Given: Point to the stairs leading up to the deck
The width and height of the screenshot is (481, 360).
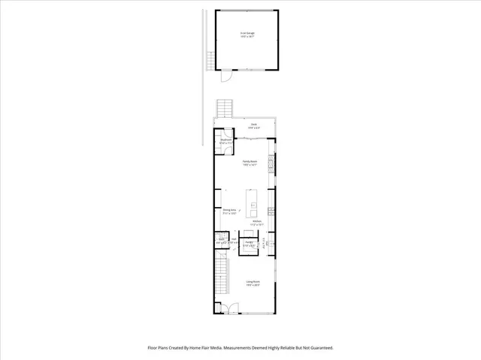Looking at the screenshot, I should pos(224,108).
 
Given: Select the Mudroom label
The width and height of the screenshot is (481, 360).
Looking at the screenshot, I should pos(225,142).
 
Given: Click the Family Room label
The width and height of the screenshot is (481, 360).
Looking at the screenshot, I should pos(250,163).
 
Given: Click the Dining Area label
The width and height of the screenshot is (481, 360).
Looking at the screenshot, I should pos(229,211).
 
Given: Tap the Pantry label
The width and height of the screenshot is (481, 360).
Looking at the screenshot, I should pos(248,243).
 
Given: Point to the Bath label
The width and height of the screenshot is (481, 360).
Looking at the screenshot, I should pos(221,241).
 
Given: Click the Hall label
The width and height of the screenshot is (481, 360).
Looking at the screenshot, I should pos(234,241).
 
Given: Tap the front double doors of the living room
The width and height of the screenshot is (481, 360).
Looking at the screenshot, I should pos(227,308).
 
